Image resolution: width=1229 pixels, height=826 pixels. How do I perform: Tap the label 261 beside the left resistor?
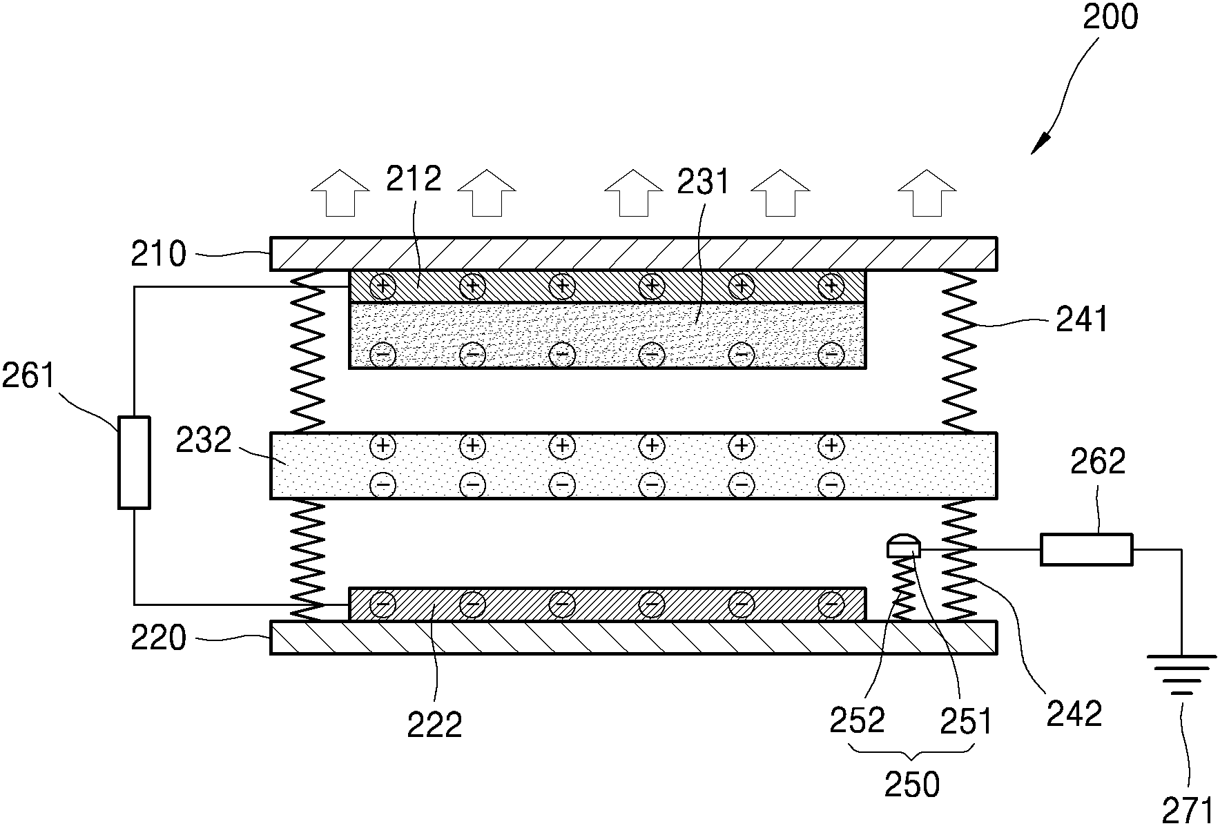click(28, 377)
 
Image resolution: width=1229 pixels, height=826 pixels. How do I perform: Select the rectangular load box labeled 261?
click(134, 462)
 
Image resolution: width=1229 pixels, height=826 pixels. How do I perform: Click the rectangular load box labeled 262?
click(1086, 549)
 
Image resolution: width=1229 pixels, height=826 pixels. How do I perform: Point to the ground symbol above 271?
click(1181, 674)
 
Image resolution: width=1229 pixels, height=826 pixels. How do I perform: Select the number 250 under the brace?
click(912, 785)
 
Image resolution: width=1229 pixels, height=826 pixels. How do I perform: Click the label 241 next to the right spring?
click(1082, 319)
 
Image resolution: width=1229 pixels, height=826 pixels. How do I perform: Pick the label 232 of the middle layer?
click(204, 440)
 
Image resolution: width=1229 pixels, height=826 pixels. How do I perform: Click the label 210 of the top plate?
click(159, 255)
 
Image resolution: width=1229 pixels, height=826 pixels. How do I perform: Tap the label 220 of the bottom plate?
click(159, 638)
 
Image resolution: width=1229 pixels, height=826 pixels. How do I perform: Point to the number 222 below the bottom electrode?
click(434, 725)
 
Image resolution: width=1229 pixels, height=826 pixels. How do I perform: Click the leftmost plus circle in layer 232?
click(383, 446)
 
